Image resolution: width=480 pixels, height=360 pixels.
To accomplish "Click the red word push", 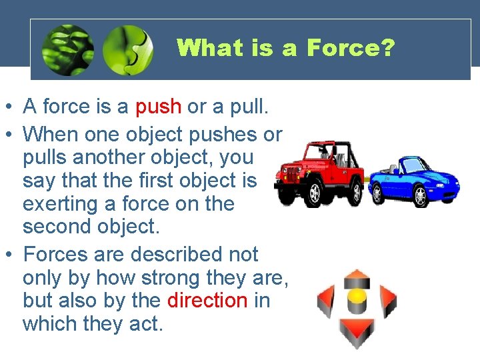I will (x=158, y=107).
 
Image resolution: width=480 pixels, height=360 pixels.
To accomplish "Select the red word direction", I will (x=207, y=300).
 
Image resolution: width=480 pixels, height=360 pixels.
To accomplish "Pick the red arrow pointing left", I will (x=326, y=303).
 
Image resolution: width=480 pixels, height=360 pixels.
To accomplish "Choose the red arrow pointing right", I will (x=387, y=303).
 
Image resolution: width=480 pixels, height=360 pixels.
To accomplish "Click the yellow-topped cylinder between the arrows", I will (x=357, y=303).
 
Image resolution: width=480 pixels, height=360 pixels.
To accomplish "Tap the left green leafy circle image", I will (x=67, y=50).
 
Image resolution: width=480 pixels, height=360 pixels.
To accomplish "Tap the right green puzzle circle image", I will (x=128, y=50).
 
